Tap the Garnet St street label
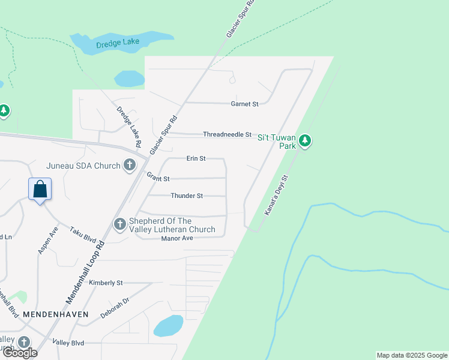(244, 104)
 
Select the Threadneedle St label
(227, 134)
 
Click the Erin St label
(196, 158)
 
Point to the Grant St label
(158, 178)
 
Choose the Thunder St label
(187, 196)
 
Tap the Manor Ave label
(176, 238)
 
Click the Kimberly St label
(106, 282)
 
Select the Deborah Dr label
(115, 307)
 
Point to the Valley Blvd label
(68, 343)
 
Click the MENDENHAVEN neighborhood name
(56, 314)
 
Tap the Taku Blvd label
(83, 234)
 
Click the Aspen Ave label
(49, 239)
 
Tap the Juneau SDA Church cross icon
(129, 165)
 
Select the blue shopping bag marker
(40, 189)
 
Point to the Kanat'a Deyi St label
(277, 195)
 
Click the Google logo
(19, 352)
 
